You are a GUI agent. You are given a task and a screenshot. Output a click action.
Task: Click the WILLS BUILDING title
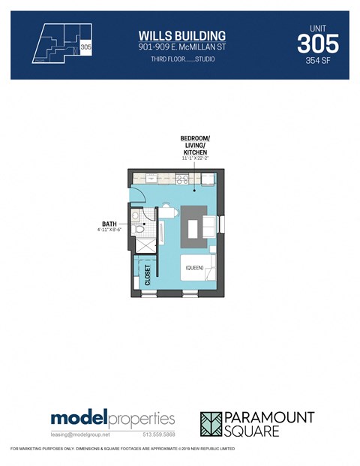(182, 36)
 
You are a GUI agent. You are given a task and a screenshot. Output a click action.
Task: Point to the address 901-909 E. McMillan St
(182, 47)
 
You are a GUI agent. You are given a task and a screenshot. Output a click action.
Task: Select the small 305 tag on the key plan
(85, 47)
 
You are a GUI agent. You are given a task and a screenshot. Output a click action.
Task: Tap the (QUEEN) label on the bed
(195, 267)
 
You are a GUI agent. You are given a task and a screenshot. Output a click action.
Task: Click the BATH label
(109, 223)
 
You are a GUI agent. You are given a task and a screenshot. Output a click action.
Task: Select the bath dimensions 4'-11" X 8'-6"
(109, 230)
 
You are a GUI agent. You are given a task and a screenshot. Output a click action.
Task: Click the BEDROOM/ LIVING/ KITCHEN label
(194, 146)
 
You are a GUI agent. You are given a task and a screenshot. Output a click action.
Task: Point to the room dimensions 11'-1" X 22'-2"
(194, 159)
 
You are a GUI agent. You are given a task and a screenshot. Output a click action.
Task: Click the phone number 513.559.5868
(159, 434)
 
